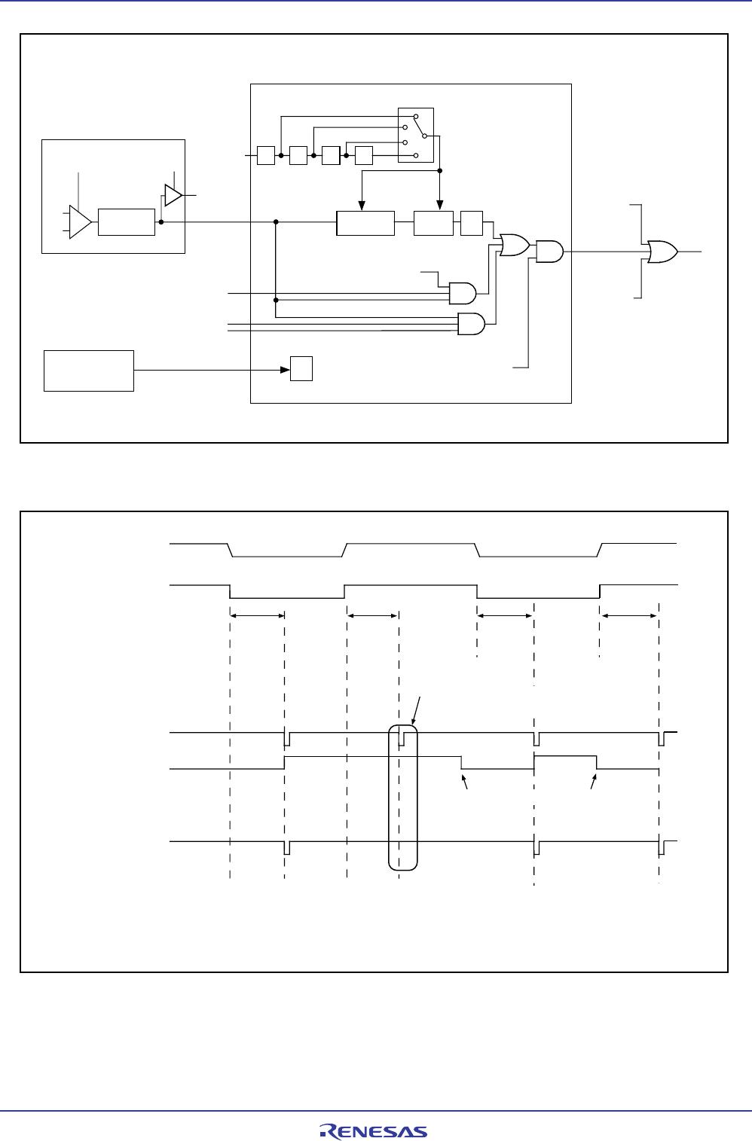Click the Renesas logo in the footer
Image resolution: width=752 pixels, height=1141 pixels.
tap(374, 1131)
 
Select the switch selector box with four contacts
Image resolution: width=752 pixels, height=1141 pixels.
tap(415, 135)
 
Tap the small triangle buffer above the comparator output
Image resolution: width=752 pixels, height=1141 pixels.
tap(173, 195)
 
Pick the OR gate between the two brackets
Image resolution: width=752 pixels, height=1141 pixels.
tap(662, 252)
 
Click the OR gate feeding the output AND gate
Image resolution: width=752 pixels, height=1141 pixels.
tap(514, 245)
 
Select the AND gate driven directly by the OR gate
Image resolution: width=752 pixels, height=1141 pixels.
tap(549, 252)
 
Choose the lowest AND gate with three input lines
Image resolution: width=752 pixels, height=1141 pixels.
tap(471, 324)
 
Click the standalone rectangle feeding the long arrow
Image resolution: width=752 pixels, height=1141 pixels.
tap(89, 370)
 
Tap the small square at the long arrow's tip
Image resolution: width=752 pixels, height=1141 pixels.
tap(301, 369)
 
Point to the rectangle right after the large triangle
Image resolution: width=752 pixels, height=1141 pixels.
tap(127, 222)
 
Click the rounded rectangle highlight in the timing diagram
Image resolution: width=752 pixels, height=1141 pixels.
tap(402, 798)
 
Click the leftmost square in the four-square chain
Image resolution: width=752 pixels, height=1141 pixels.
tap(266, 156)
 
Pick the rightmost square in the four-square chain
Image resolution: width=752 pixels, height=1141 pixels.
tap(364, 156)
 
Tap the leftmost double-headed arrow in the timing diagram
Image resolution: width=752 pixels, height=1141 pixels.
tap(257, 615)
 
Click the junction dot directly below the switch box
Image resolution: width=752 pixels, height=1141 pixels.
tap(440, 171)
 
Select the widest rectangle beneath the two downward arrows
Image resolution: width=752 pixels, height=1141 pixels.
tap(365, 224)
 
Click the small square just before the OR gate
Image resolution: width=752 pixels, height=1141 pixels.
tap(472, 224)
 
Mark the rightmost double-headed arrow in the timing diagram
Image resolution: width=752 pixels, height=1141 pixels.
tap(629, 615)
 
